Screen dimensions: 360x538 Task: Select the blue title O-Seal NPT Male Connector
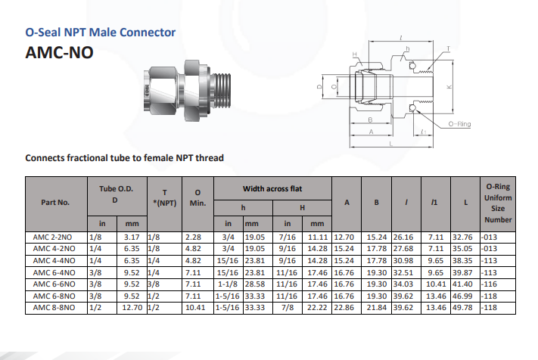[100, 33]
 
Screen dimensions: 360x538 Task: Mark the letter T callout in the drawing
[448, 48]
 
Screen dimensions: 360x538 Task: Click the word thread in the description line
[208, 158]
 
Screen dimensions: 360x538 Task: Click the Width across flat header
[272, 188]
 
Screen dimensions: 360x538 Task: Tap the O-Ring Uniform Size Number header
[497, 203]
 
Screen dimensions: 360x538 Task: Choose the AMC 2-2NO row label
[54, 237]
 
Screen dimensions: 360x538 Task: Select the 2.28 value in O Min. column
[194, 237]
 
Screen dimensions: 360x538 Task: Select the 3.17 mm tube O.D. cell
[133, 237]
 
